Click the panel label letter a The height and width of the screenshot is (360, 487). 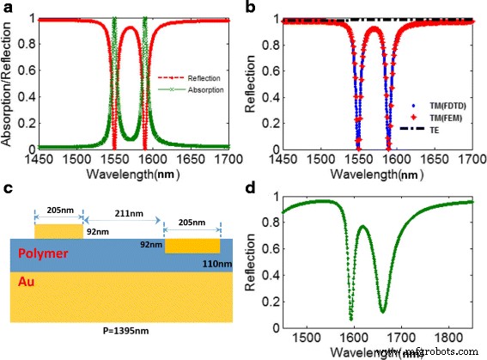(x=8, y=8)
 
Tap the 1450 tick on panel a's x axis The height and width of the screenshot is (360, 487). (x=30, y=160)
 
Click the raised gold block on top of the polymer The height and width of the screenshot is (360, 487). (x=56, y=230)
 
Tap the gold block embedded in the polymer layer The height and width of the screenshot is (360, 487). (x=192, y=247)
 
